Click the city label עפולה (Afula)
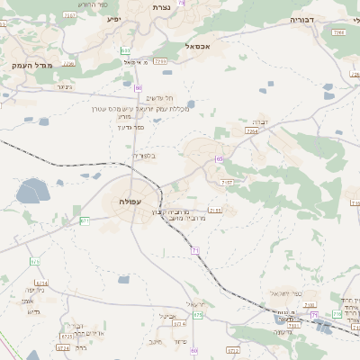tap(131, 202)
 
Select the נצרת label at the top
tap(185, 7)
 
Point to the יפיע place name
tap(113, 18)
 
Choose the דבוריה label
tap(302, 19)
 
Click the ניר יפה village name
tap(35, 289)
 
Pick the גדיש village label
tap(35, 311)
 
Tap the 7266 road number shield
tap(338, 32)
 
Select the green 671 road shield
tap(84, 220)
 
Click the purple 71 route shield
tap(195, 249)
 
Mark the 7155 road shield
tap(215, 210)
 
